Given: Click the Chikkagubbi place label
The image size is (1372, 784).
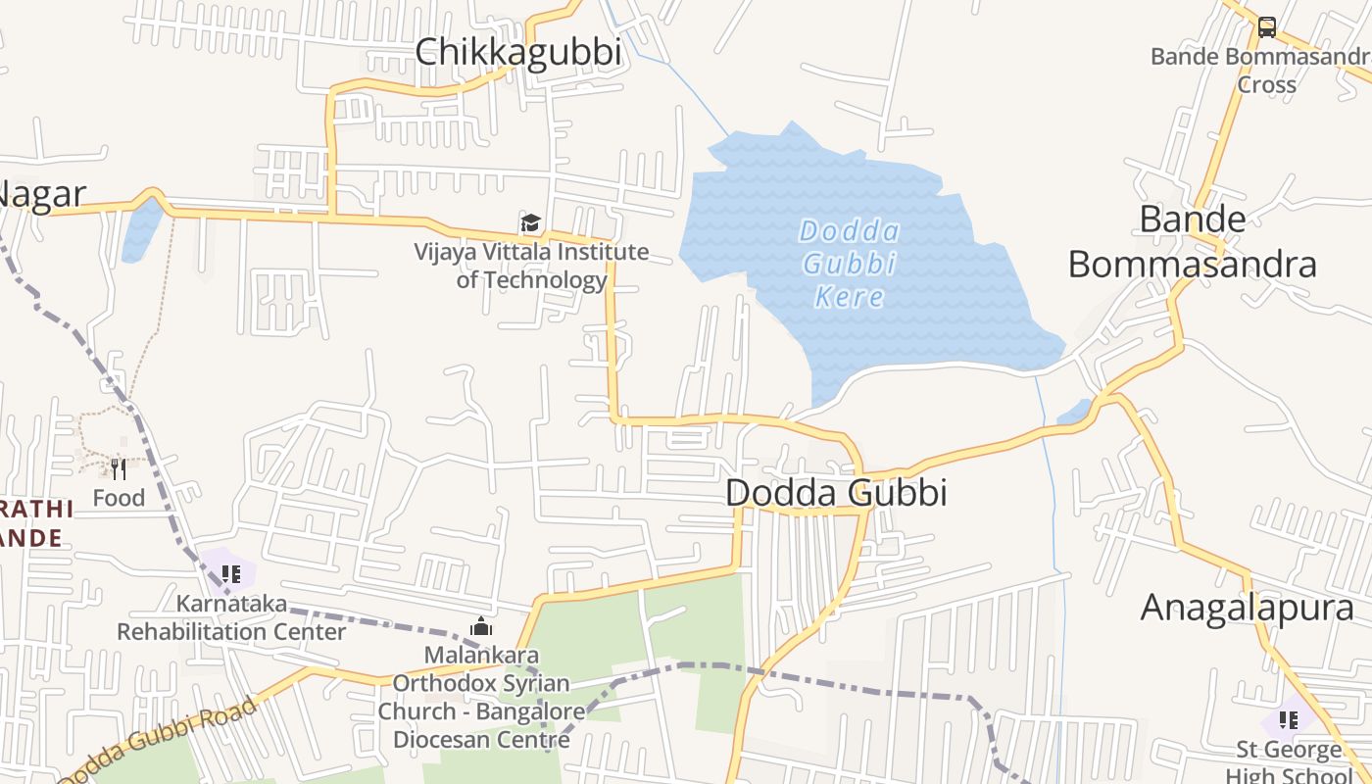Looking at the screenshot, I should (x=518, y=52).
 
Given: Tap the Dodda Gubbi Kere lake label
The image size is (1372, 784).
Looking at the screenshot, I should (x=849, y=264).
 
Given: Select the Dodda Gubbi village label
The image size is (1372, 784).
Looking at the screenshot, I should (x=836, y=492).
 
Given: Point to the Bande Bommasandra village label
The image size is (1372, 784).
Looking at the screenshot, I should (x=1192, y=242).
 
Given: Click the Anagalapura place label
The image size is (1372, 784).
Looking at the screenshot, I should (x=1247, y=609).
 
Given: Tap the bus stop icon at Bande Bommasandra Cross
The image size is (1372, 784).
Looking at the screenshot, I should (x=1266, y=26).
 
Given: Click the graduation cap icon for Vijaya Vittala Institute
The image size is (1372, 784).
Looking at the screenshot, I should (x=530, y=223).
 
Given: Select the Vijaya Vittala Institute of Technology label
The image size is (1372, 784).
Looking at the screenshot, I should (x=531, y=266).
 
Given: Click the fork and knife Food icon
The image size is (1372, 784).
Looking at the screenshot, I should (x=119, y=469).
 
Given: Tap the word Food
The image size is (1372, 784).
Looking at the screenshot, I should (x=119, y=498).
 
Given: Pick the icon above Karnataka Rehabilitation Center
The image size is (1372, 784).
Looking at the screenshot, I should (x=230, y=573).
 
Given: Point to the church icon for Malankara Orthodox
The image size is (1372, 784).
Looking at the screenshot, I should (x=480, y=626).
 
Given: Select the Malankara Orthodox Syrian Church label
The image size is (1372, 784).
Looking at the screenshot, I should (x=481, y=696).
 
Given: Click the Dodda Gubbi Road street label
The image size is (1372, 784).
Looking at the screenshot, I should (x=157, y=740).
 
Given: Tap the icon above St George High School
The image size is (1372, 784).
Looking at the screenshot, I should (x=1288, y=720).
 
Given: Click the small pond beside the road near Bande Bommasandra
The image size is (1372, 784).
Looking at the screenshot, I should (x=1074, y=413).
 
